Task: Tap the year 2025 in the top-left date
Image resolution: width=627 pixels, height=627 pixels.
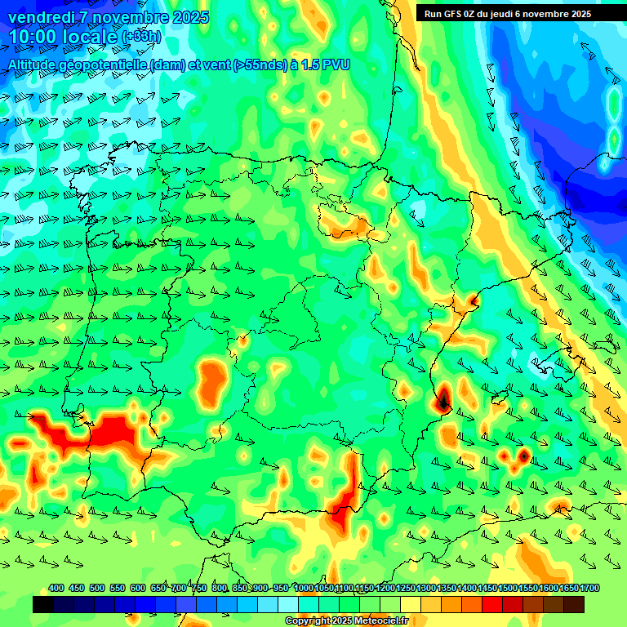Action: (x=185, y=17)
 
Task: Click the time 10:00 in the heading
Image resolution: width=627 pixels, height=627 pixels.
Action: (x=35, y=37)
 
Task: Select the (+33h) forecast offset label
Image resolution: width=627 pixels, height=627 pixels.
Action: (x=141, y=37)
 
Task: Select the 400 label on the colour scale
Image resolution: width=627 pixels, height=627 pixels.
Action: (x=56, y=588)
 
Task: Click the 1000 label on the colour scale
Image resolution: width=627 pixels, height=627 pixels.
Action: (x=304, y=588)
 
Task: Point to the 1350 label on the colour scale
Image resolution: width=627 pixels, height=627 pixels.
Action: (x=447, y=588)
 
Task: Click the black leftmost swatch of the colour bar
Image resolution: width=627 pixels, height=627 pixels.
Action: (x=43, y=605)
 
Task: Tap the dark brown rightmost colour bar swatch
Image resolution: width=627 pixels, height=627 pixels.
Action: (x=574, y=605)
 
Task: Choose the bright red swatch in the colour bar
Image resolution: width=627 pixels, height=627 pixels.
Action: (x=492, y=605)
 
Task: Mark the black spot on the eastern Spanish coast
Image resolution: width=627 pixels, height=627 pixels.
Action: (x=442, y=399)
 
